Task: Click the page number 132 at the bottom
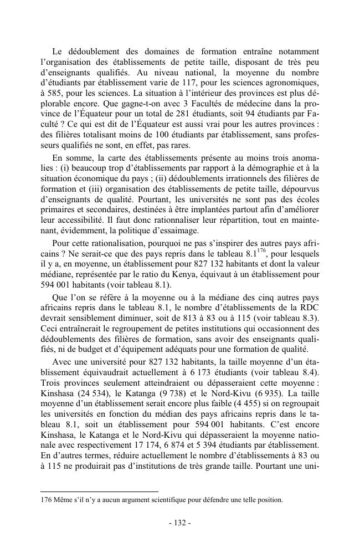tap(180, 524)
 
